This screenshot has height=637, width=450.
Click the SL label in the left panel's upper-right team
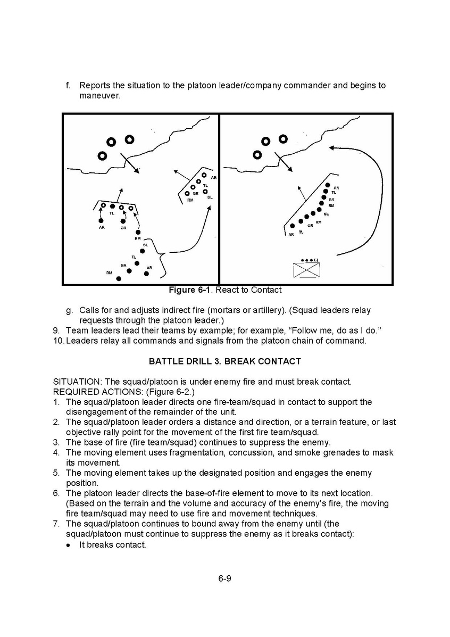[x=210, y=197]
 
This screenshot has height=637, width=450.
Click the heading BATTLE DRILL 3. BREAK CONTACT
[x=224, y=361]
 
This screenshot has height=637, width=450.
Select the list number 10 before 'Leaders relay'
[x=59, y=341]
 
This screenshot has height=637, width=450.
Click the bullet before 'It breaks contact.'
[x=68, y=544]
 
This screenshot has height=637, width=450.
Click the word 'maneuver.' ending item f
[x=100, y=96]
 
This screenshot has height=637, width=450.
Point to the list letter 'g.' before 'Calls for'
[x=70, y=310]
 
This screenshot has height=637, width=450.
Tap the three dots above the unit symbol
[x=306, y=260]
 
